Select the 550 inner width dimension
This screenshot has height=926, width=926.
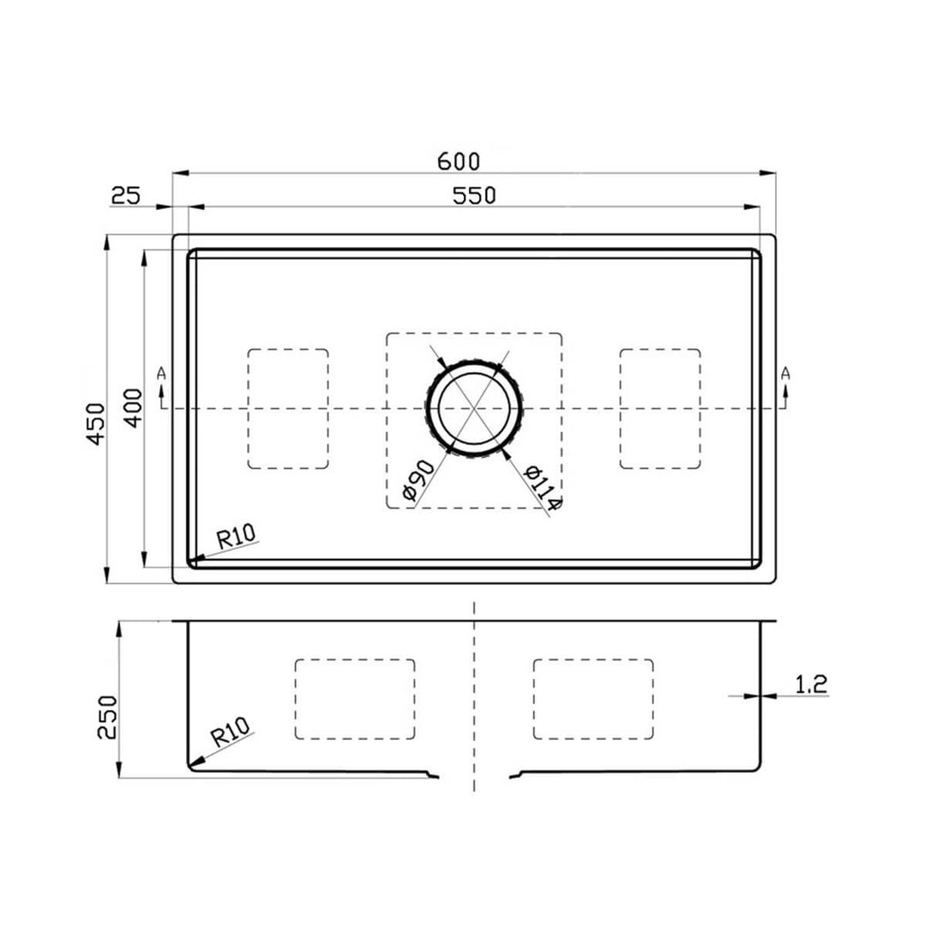coord(474,195)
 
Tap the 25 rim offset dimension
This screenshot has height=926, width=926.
coord(125,196)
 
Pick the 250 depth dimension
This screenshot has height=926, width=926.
coord(106,716)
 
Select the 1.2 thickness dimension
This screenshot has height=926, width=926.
coord(810,683)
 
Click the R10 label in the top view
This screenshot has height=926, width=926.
coord(236,538)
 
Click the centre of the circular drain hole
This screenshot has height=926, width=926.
coord(474,408)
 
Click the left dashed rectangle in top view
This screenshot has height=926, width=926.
coord(288,409)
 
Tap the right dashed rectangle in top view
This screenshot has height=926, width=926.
coord(660,409)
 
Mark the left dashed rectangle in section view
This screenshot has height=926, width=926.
coord(355,699)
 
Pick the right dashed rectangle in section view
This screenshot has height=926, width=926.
coord(593,699)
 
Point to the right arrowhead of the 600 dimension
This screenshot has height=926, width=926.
coord(769,173)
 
